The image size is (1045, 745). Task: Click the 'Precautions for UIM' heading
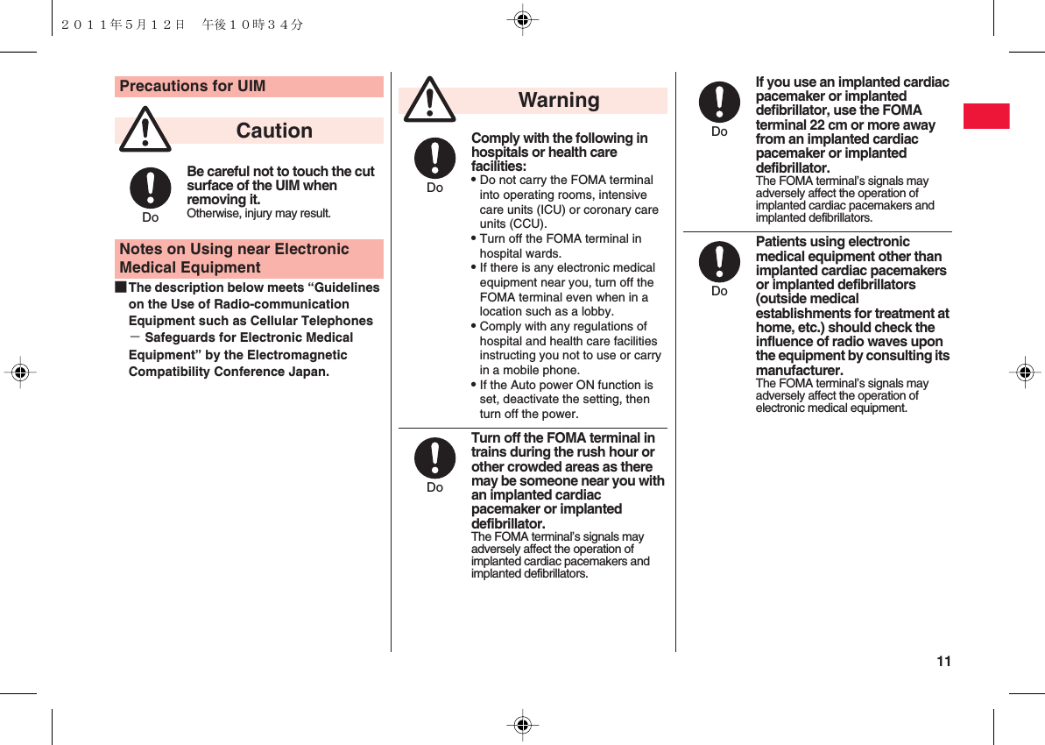[x=192, y=86]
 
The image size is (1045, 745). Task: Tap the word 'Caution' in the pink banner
[x=274, y=131]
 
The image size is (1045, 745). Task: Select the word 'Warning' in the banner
[x=559, y=100]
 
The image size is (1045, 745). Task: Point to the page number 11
[x=943, y=662]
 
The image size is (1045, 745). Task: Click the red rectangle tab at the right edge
[x=986, y=116]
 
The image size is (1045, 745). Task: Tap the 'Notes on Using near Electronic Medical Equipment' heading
[x=234, y=259]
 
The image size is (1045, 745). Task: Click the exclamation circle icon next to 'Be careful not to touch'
[x=151, y=188]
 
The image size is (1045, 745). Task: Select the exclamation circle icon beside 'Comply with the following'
[x=434, y=159]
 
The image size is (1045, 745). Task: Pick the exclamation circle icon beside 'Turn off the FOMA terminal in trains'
[x=434, y=458]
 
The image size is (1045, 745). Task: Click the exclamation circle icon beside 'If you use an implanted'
[x=719, y=103]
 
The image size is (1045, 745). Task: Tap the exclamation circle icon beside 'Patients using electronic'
[x=719, y=263]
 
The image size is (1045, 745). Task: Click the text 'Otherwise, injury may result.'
[x=258, y=214]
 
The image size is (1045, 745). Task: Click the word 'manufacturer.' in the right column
[x=799, y=371]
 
